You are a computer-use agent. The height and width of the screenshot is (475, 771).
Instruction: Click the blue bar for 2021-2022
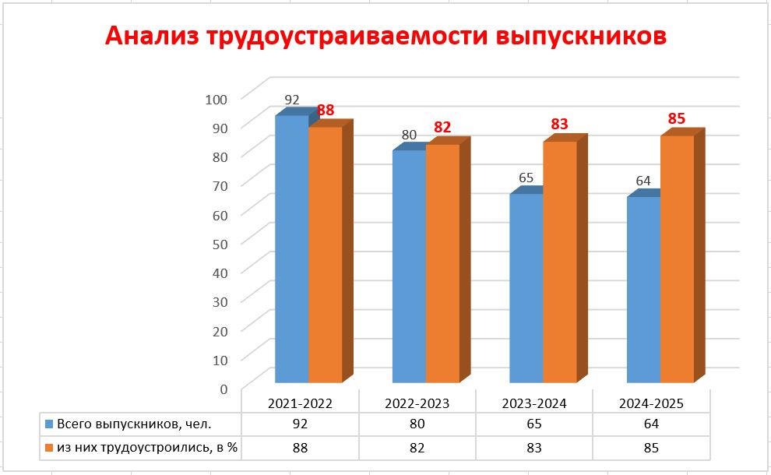[292, 249]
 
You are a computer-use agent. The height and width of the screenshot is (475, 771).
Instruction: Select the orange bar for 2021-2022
[326, 255]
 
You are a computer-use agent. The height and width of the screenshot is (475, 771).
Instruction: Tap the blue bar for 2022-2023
[409, 266]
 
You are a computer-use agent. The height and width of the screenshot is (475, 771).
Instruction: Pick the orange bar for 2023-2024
[559, 262]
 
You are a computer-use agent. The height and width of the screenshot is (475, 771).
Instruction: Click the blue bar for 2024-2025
[643, 290]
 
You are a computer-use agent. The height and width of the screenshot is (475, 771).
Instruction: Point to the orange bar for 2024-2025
[677, 259]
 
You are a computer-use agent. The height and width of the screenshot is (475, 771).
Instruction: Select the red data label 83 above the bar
[559, 125]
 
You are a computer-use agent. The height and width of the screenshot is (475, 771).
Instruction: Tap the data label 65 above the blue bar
[526, 178]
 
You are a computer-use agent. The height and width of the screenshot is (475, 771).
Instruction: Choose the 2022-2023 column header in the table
[417, 403]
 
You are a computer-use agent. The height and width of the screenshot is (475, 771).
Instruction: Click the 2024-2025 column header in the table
[651, 403]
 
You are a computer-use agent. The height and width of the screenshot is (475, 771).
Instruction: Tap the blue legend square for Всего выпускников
[49, 425]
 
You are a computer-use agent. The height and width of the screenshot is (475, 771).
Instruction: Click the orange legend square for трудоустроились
[49, 448]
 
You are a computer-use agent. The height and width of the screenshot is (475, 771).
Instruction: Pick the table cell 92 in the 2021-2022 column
[300, 425]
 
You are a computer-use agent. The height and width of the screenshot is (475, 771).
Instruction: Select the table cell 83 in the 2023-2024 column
[534, 448]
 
